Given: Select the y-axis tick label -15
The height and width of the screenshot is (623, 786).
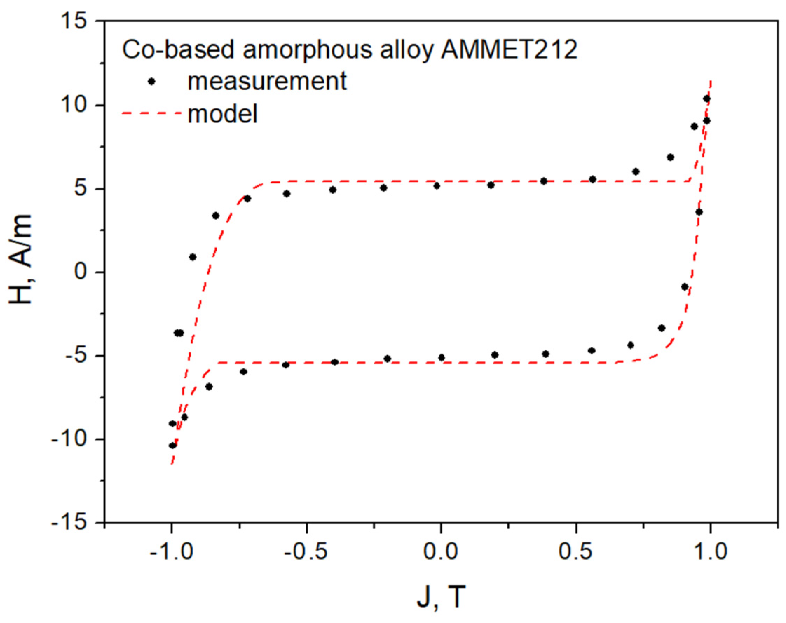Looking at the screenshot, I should click(x=69, y=523).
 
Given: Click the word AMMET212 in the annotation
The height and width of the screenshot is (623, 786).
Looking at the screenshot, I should click(x=509, y=50).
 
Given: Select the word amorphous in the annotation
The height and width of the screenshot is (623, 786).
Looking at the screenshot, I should click(x=307, y=50).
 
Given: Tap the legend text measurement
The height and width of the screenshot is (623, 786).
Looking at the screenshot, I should click(x=267, y=81).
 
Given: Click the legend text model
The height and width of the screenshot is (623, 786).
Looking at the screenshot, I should click(x=223, y=114).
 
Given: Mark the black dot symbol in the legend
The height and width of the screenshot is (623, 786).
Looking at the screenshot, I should click(x=151, y=82).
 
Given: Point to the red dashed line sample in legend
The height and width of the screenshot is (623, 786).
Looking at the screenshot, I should click(x=151, y=114).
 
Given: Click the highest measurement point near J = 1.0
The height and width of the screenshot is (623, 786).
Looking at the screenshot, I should click(x=706, y=99).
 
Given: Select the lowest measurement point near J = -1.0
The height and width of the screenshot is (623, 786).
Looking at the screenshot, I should click(x=172, y=446).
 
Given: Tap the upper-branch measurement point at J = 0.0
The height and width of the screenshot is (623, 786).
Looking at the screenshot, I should click(x=436, y=186).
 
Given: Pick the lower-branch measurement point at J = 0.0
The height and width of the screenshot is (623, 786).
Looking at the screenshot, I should click(x=442, y=358).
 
